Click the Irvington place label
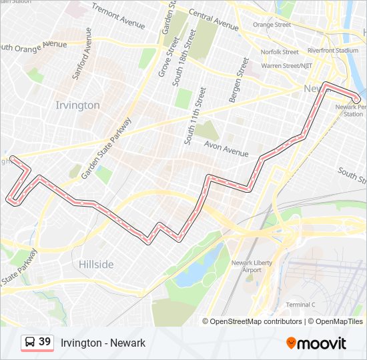77,105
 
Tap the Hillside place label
96,265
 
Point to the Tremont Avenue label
118,17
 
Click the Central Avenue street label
214,20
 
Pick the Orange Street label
272,25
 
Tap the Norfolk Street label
280,52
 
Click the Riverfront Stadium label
333,50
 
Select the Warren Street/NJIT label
288,65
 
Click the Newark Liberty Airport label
252,266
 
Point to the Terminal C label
300,305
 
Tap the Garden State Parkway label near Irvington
107,149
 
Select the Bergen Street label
238,80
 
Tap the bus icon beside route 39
29,343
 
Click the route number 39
45,342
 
